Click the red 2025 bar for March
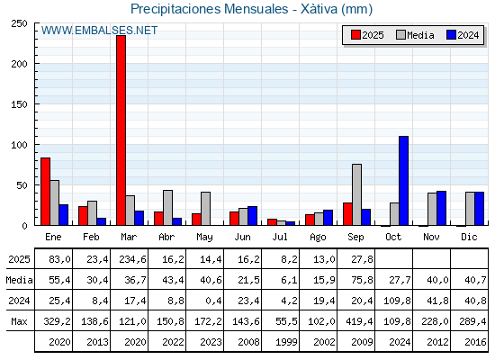pyautogui.click(x=121, y=130)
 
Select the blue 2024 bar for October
pyautogui.click(x=404, y=181)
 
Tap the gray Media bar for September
pyautogui.click(x=356, y=194)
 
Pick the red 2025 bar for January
pyautogui.click(x=45, y=191)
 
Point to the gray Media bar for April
pyautogui.click(x=167, y=208)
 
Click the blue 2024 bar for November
pyautogui.click(x=441, y=208)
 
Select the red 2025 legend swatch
pyautogui.click(x=355, y=35)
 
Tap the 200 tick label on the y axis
pyautogui.click(x=19, y=64)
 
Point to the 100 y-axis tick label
pyautogui.click(x=19, y=145)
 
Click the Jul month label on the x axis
pyautogui.click(x=280, y=237)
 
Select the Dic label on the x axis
pyautogui.click(x=469, y=237)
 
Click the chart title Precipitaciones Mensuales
pyautogui.click(x=209, y=9)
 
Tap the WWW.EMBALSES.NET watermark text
pyautogui.click(x=99, y=31)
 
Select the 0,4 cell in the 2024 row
pyautogui.click(x=214, y=301)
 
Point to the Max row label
pyautogui.click(x=19, y=321)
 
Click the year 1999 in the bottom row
pyautogui.click(x=286, y=342)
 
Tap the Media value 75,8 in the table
pyautogui.click(x=362, y=280)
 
